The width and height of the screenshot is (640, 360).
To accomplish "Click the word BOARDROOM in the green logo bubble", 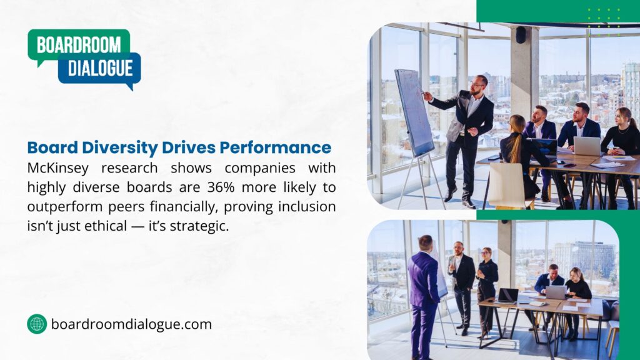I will [78, 45].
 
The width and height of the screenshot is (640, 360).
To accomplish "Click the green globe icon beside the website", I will [37, 324].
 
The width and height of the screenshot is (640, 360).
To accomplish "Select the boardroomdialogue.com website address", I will [131, 324].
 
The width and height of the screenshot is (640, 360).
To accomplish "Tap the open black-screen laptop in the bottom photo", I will [508, 295].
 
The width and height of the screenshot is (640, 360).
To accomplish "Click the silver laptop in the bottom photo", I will [555, 292].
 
